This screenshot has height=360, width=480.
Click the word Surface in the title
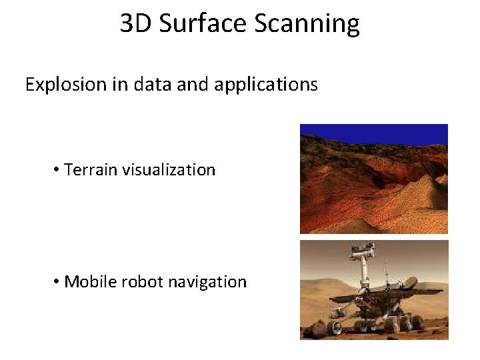[203, 23]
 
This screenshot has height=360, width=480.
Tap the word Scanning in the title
[307, 23]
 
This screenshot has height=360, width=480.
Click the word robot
[141, 282]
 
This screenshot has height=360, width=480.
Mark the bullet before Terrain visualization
[57, 170]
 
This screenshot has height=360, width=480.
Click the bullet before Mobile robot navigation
[57, 282]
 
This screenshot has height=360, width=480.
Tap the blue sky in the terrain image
[373, 131]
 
